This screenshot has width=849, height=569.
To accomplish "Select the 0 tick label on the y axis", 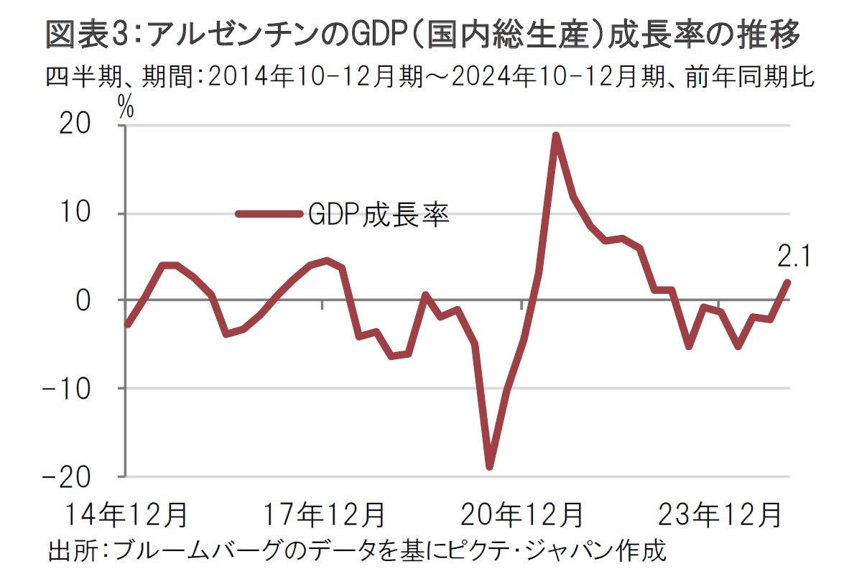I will (103, 300).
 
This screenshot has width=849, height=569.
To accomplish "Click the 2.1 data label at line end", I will (793, 256).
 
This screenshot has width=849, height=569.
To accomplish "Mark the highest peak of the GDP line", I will (555, 135).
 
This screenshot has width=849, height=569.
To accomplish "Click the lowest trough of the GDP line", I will (490, 467).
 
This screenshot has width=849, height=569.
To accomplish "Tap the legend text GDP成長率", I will (379, 213).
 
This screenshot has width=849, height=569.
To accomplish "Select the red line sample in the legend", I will (269, 213).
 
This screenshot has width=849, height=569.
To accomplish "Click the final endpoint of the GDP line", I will (788, 282).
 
